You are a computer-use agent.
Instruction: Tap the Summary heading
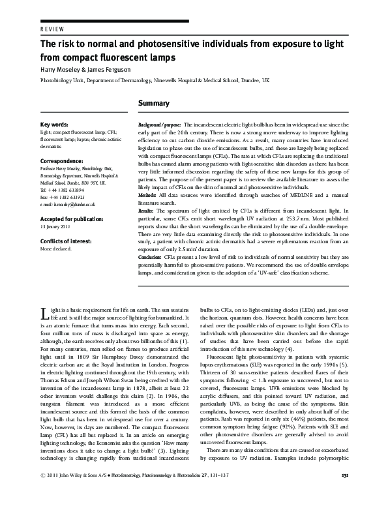tap(154, 103)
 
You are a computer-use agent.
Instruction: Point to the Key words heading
tap(53, 124)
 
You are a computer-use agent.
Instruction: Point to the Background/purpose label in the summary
tap(160, 124)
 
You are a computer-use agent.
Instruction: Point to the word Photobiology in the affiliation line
tap(56, 83)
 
